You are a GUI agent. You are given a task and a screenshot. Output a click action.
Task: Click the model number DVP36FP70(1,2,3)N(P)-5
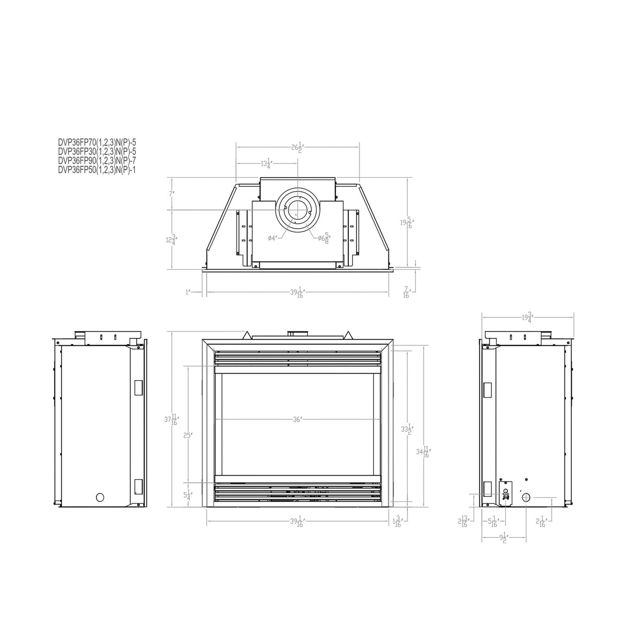pos(97,141)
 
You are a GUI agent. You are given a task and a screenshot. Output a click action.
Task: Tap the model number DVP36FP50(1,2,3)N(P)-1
pos(97,170)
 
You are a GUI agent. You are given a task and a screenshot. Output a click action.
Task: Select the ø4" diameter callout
pos(272,238)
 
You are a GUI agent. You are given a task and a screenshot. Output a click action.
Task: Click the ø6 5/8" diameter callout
pos(324,238)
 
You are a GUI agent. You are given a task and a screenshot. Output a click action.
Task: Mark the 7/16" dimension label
pos(407,292)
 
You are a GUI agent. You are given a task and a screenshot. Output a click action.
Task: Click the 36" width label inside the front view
pos(297,420)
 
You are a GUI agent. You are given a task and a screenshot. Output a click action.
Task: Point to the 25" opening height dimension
pos(187,435)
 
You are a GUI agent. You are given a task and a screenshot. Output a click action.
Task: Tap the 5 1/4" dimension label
pos(187,495)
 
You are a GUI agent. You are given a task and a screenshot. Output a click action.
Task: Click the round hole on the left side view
pos(100,497)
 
